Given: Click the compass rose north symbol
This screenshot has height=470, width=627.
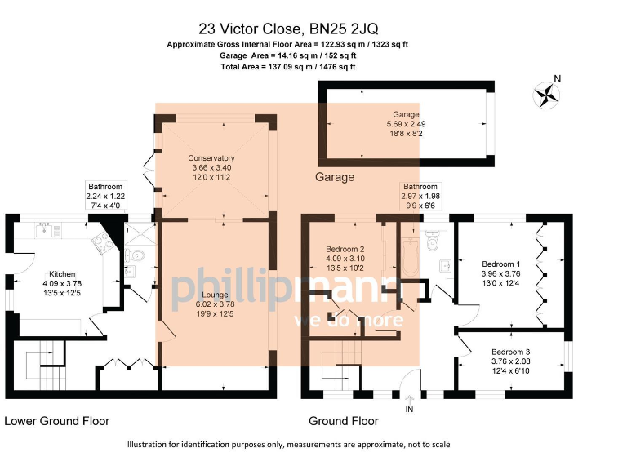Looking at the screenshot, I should [x=546, y=94].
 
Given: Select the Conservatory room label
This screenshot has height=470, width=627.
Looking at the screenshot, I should [x=211, y=157].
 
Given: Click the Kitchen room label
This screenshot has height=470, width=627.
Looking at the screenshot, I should [x=62, y=274].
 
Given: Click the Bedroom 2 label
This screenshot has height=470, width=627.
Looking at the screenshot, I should [x=345, y=249].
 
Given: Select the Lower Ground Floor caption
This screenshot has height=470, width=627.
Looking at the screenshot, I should [x=56, y=421].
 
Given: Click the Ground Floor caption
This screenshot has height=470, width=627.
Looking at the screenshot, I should [x=343, y=421].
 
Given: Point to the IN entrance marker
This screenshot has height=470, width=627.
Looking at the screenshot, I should [x=409, y=409].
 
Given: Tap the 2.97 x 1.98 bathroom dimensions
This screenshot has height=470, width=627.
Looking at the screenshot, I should [x=420, y=197].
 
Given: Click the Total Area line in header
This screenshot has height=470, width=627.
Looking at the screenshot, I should [x=288, y=67].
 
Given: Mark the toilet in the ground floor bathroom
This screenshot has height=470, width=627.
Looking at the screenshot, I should [x=434, y=237].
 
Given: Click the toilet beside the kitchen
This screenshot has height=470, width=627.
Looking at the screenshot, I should [x=136, y=256].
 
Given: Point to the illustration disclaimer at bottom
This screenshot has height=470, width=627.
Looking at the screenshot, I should [x=288, y=445].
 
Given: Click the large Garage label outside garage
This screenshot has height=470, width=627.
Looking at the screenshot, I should [x=335, y=177].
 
